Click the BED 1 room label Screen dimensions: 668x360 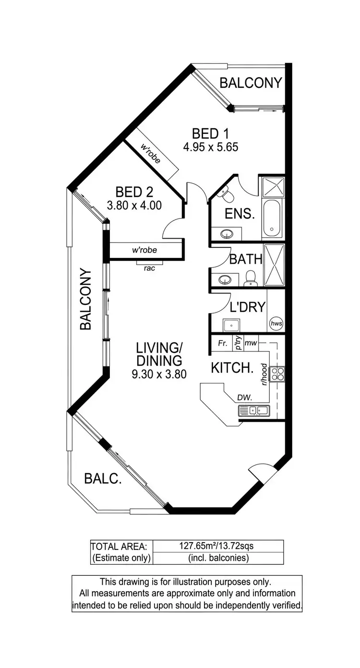pos(210,133)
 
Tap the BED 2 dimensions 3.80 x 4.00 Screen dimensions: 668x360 pos(134,205)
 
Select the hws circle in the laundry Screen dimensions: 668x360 pos(276,324)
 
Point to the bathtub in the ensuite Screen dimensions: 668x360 pos(273,219)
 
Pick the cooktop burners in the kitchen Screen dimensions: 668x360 pos(277,374)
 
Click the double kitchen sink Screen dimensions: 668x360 pos(254,411)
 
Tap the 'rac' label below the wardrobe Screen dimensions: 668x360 pos(149,268)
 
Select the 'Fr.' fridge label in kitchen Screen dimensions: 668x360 pos(222,343)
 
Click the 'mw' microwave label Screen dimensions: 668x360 pos(251,343)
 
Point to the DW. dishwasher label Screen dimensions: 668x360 pos(244,397)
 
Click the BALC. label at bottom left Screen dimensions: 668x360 pos(102,478)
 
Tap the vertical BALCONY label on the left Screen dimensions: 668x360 pos(85,299)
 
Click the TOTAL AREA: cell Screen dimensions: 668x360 pos(121,546)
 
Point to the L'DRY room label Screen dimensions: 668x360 pos(248,306)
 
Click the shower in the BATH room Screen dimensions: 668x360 pos(274,265)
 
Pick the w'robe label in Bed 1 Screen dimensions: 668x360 pos(151,153)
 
